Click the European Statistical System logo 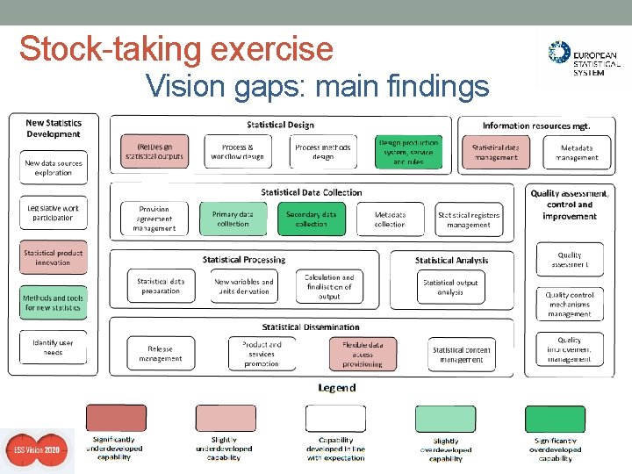[x=582, y=59]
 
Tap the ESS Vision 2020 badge [x=37, y=450]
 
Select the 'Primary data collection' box [x=233, y=219]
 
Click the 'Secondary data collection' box [x=311, y=219]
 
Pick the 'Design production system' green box [x=408, y=152]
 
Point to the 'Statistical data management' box [x=496, y=152]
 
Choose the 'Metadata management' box [x=578, y=153]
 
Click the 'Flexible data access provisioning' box [x=363, y=354]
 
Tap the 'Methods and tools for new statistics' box [x=53, y=303]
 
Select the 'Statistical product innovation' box [x=53, y=258]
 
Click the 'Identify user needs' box [x=53, y=348]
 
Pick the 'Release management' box [x=161, y=354]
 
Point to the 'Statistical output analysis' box [x=450, y=287]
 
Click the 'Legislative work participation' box [x=53, y=213]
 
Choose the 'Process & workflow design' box [x=238, y=152]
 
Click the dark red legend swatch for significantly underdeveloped [x=116, y=419]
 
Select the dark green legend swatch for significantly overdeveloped [x=555, y=419]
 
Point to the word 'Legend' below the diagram [x=336, y=387]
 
